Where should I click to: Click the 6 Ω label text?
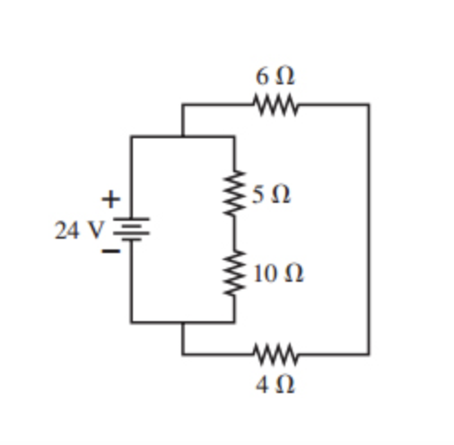coord(275,78)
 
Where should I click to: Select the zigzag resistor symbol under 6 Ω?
coord(275,105)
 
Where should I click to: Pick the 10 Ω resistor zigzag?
coord(235,273)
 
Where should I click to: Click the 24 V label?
coord(79,230)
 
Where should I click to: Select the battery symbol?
coord(131,230)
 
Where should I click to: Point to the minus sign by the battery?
coord(109,253)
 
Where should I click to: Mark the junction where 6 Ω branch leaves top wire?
coord(183,136)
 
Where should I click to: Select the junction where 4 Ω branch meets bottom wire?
coord(183,321)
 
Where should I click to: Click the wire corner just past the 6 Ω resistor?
coord(368,105)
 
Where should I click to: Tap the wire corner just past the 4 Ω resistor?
coord(368,353)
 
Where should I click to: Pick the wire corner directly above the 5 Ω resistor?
coord(235,136)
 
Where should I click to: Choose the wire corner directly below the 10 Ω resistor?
coord(235,321)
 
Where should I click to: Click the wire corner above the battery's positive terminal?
coord(131,136)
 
